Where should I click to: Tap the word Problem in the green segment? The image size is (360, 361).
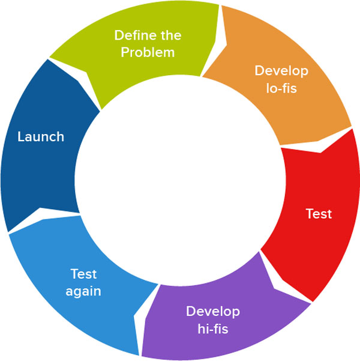click(x=148, y=52)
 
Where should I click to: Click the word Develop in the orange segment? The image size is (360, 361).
click(x=281, y=71)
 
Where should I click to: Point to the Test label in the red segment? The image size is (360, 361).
click(x=319, y=214)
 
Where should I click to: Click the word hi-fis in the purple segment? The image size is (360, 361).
click(x=213, y=329)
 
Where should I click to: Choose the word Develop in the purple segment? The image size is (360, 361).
click(x=213, y=312)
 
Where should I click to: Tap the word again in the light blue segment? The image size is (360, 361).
click(x=83, y=291)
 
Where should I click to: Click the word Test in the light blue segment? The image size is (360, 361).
click(x=83, y=275)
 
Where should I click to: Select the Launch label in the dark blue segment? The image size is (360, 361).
click(x=41, y=137)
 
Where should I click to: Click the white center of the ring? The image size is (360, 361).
click(x=180, y=180)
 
